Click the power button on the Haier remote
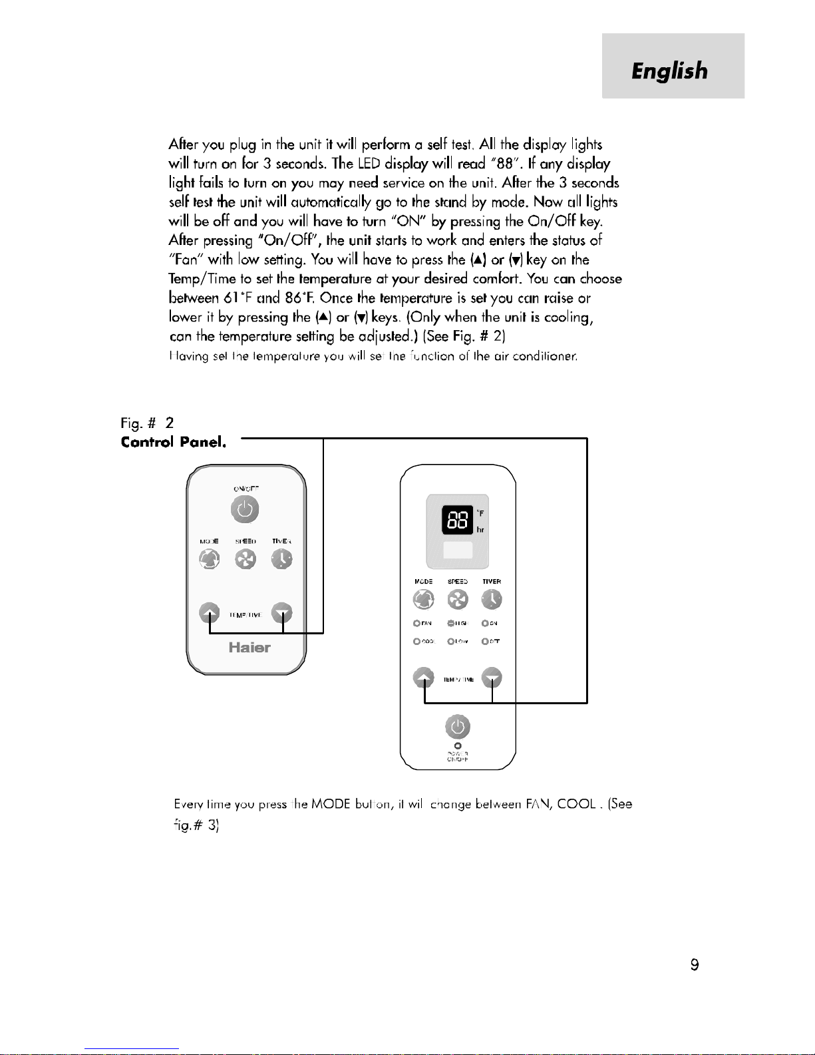[245, 511]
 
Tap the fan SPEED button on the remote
[245, 560]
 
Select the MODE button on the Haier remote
[209, 560]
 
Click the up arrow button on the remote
[210, 613]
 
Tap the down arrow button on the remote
[282, 613]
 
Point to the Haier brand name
[249, 648]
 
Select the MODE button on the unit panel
[424, 600]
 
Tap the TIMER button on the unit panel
[492, 600]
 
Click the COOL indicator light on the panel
[416, 642]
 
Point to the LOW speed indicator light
[450, 642]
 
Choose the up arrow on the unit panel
[424, 678]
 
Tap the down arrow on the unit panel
[492, 678]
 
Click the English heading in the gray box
[669, 71]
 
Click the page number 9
[695, 965]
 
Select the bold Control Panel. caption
[174, 442]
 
